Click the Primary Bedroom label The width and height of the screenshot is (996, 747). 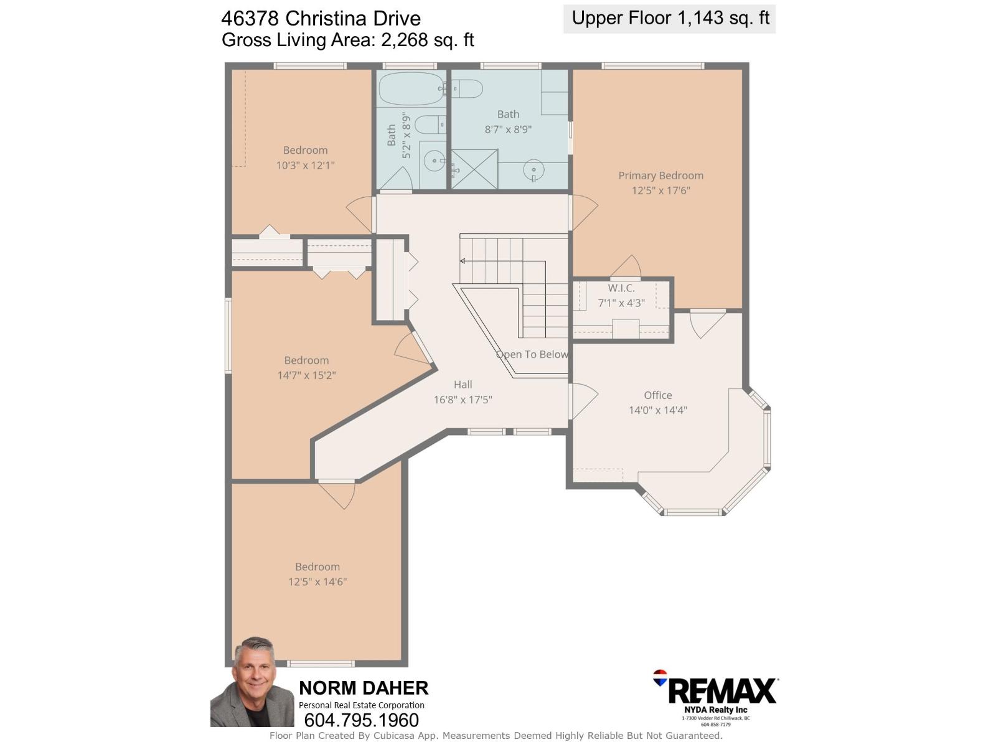(x=660, y=176)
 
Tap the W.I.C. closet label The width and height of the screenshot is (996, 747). (x=621, y=288)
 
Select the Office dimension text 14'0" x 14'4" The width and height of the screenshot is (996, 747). (x=657, y=410)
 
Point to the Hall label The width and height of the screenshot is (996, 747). (x=463, y=385)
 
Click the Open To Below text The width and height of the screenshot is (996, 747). (x=532, y=354)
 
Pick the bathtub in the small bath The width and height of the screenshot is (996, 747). (x=411, y=88)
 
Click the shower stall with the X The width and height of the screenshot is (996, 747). (x=474, y=169)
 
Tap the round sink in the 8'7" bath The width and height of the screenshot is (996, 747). (x=533, y=171)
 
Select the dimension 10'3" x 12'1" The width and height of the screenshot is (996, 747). (x=306, y=165)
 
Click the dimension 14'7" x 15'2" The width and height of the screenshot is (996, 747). (x=307, y=375)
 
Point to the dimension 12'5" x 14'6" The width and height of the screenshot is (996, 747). (x=317, y=581)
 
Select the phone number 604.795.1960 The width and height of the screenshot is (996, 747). (x=361, y=720)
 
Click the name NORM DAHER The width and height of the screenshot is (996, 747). (x=364, y=688)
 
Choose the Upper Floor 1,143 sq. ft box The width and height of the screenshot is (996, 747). (x=669, y=19)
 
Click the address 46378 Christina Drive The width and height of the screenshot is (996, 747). (x=321, y=19)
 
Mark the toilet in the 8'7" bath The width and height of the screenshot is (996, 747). (x=467, y=89)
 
